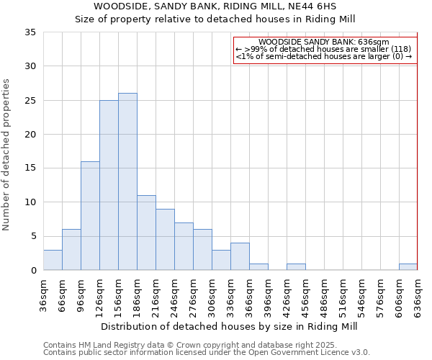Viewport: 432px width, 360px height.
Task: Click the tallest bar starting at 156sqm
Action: click(127, 181)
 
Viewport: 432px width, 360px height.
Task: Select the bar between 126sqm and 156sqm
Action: click(109, 185)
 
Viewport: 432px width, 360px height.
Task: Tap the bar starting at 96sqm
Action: click(90, 216)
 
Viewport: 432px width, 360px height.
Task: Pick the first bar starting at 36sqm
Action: click(53, 260)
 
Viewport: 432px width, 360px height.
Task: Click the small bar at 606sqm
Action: click(408, 267)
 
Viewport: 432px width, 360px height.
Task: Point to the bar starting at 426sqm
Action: click(296, 267)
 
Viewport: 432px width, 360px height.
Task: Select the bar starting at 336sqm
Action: click(240, 257)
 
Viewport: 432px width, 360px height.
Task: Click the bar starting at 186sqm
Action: click(146, 233)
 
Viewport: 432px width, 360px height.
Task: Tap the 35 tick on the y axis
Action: click(30, 32)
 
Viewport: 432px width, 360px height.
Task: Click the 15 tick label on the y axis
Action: click(30, 168)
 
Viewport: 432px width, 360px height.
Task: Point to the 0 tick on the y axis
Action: click(32, 271)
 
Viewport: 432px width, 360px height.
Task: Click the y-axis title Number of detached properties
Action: click(8, 155)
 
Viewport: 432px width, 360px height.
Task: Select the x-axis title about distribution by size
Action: click(229, 326)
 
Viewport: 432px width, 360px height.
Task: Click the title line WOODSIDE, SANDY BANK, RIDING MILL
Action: click(215, 6)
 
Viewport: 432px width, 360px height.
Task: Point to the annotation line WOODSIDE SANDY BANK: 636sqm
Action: click(324, 42)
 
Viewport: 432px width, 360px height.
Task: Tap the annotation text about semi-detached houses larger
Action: click(324, 56)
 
